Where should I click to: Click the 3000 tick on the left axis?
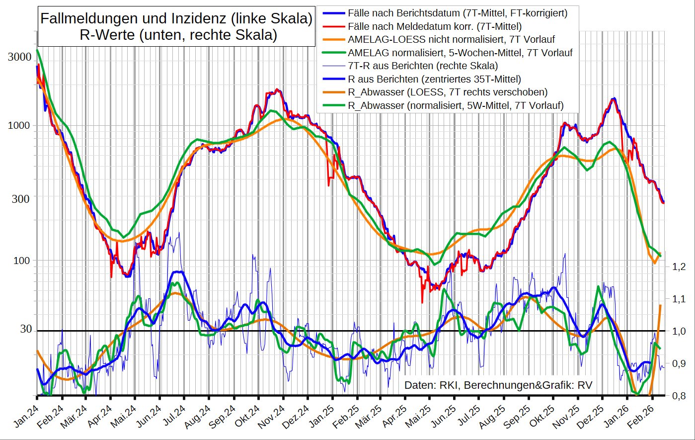click(19, 57)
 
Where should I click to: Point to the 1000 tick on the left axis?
click(19, 126)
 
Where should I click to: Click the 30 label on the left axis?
click(26, 329)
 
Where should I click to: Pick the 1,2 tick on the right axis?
click(679, 267)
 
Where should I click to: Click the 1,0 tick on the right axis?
click(679, 331)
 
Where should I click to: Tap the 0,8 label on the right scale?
click(679, 396)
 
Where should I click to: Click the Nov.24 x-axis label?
click(273, 416)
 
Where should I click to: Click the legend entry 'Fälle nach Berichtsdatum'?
click(457, 13)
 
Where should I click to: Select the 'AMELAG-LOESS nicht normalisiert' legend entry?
click(451, 39)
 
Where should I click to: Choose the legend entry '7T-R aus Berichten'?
click(423, 66)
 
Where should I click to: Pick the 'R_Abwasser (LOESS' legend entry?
click(448, 92)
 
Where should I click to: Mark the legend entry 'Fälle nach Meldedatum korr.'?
click(435, 26)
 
